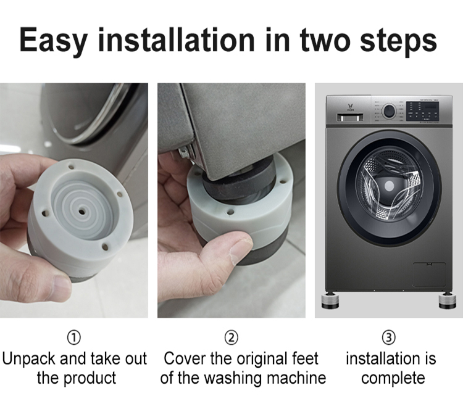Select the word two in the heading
click(x=329, y=40)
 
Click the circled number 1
click(x=73, y=337)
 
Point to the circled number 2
click(x=231, y=337)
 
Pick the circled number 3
click(x=390, y=337)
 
